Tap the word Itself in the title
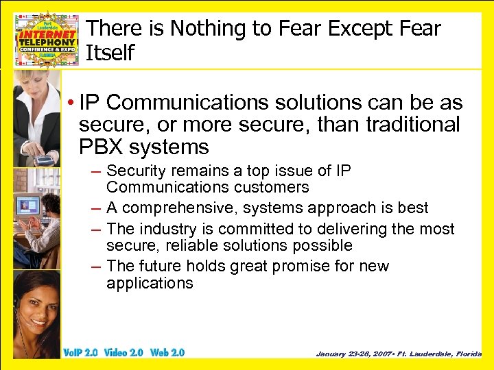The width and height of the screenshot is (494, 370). click(108, 52)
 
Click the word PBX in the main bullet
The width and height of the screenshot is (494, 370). click(104, 147)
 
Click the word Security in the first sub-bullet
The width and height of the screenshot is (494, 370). click(137, 171)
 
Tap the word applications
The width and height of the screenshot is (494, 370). click(150, 283)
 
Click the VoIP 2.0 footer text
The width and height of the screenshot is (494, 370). click(80, 353)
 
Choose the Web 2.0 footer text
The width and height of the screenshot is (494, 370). click(167, 353)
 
